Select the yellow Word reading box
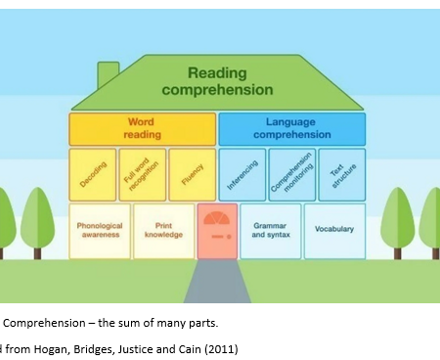142,129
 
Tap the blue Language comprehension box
291,129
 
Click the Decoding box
92,174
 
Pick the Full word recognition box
142,174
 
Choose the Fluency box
191,174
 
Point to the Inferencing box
243,174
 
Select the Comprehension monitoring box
292,174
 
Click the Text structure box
341,174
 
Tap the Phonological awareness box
99,230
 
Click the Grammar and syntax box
270,230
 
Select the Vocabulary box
334,230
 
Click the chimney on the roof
108,75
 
